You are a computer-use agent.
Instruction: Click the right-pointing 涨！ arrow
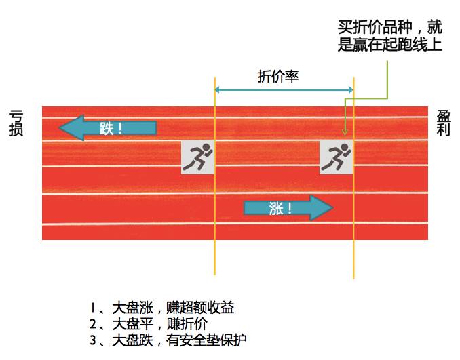(288, 207)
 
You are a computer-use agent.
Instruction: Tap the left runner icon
(197, 157)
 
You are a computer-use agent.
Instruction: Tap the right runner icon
(337, 157)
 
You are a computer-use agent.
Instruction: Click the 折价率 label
(278, 76)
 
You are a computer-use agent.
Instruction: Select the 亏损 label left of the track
(16, 123)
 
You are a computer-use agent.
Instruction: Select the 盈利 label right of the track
(443, 123)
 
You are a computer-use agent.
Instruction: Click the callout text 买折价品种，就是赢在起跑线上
(389, 36)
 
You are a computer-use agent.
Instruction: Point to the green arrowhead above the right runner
(345, 134)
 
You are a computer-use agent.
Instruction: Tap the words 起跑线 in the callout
(400, 45)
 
